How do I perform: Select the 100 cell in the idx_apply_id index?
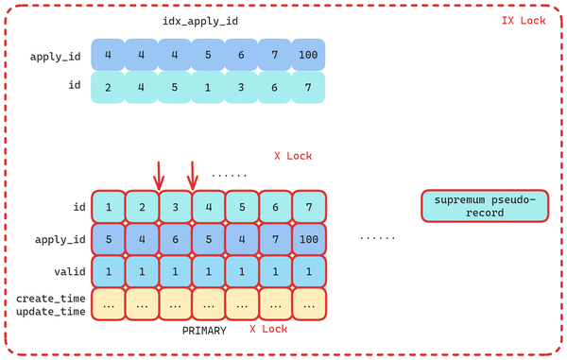(307, 56)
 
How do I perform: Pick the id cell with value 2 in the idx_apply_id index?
(108, 88)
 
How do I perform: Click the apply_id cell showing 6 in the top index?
(241, 56)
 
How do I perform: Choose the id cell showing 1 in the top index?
(208, 88)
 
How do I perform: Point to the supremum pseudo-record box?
(484, 206)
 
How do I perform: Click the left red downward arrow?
(159, 175)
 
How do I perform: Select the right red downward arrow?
(193, 175)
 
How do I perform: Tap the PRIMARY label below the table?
(205, 332)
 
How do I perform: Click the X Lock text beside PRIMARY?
(268, 329)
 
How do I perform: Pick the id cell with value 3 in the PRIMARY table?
(175, 207)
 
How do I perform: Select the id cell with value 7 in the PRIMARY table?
(308, 207)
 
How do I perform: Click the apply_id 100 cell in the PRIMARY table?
(308, 239)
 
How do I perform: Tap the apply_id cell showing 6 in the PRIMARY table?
(175, 239)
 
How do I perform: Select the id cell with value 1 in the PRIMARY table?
(109, 207)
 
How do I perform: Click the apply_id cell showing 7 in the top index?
(274, 56)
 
